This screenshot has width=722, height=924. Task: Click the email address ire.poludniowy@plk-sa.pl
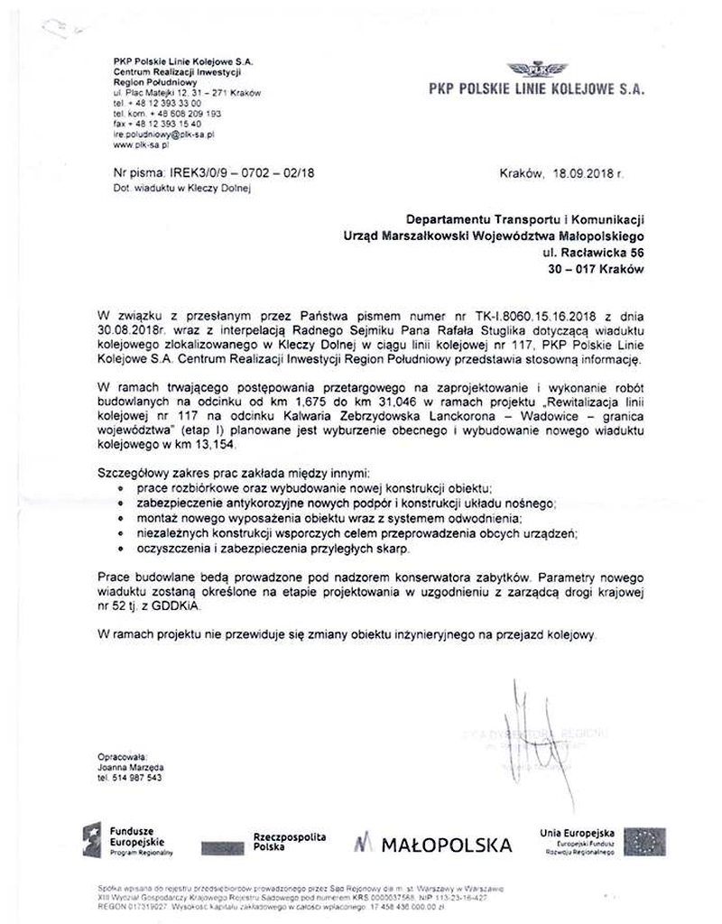pyautogui.click(x=163, y=134)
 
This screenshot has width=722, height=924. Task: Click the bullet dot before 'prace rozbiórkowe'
pyautogui.click(x=121, y=486)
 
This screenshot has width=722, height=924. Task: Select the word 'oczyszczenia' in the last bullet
pyautogui.click(x=170, y=549)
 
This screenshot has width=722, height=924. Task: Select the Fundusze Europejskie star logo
pyautogui.click(x=91, y=840)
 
